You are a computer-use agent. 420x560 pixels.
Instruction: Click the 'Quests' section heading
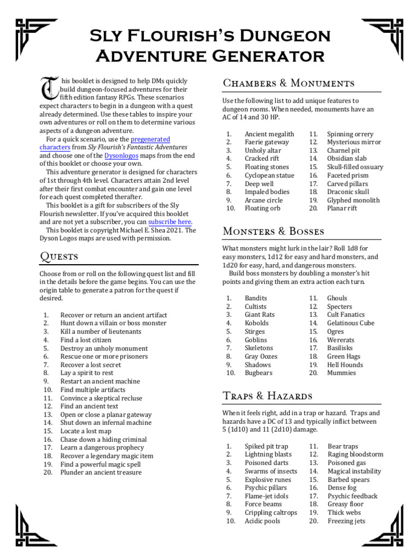[x=59, y=256]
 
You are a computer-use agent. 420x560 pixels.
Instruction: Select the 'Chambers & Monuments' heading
[x=288, y=83]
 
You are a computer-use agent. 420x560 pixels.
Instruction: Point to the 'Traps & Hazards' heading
[x=267, y=395]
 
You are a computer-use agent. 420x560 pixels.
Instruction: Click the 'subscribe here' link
[x=170, y=222]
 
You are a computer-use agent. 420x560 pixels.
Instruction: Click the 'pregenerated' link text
[x=150, y=139]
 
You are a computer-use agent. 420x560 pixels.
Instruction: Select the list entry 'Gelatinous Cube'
[x=351, y=323]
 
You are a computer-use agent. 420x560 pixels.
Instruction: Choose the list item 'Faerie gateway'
[x=267, y=142]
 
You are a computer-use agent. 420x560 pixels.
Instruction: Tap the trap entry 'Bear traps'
[x=343, y=446]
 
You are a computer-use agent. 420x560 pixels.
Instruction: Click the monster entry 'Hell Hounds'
[x=345, y=365]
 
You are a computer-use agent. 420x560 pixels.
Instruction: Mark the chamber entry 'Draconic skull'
[x=348, y=192]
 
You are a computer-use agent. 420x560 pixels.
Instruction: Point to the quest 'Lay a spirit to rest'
[x=87, y=373]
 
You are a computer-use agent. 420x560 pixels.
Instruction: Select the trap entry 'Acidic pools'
[x=262, y=521]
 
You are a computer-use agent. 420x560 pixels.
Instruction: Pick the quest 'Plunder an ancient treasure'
[x=101, y=472]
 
